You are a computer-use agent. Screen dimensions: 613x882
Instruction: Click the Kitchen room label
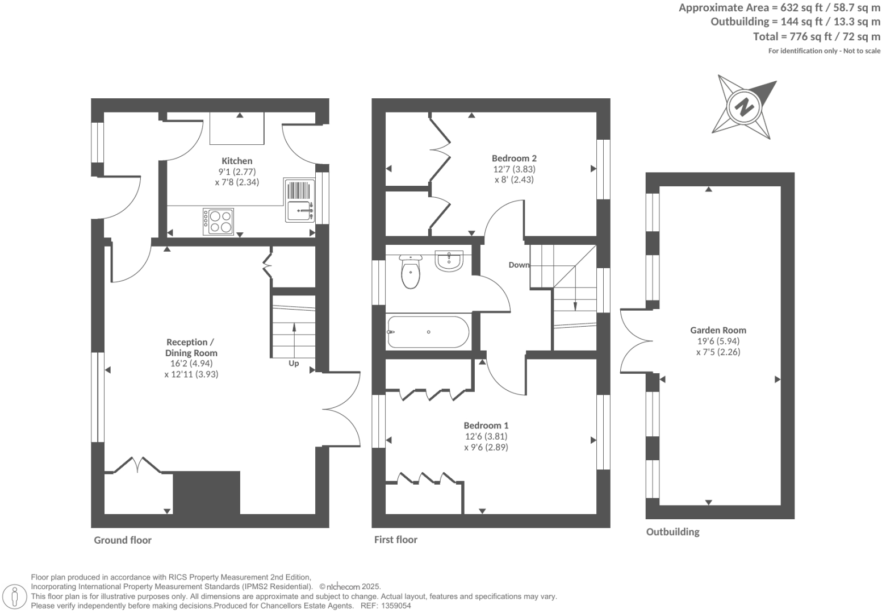point(237,161)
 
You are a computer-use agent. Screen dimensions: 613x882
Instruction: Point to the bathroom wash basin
point(450,261)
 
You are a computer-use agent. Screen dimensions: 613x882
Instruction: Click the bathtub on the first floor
point(428,332)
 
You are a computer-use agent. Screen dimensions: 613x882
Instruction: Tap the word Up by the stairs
point(294,364)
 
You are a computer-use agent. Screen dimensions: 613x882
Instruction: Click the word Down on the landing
point(519,265)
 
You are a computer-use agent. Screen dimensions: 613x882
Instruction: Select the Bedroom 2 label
point(514,159)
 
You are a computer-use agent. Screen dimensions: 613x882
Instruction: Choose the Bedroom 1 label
point(486,426)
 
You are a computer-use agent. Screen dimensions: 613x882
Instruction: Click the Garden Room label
point(718,330)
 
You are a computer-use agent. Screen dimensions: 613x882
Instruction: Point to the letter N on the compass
point(744,106)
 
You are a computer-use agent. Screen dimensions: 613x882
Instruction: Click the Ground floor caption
point(123,540)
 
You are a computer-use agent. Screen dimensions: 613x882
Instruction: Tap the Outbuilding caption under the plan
point(672,532)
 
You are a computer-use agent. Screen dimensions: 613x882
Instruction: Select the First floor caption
point(395,540)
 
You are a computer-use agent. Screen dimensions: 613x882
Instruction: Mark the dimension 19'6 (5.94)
point(718,341)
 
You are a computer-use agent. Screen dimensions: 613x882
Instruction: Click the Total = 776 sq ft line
point(816,37)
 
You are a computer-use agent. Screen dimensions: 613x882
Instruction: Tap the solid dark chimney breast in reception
point(207,493)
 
